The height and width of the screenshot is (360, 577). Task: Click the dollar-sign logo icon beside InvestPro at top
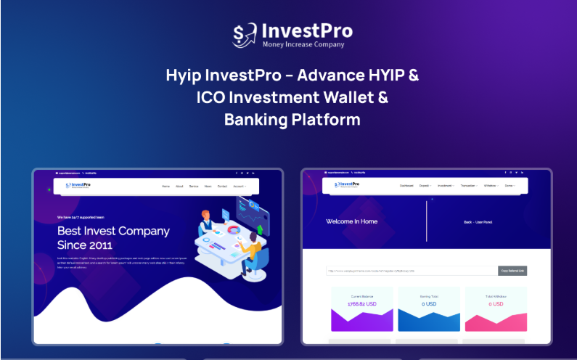point(245,34)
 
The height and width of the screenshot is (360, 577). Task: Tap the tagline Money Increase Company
point(304,44)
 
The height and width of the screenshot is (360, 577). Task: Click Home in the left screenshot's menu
point(165,187)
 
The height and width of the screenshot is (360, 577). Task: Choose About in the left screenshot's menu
point(179,187)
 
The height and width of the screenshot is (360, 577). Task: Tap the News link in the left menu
point(208,187)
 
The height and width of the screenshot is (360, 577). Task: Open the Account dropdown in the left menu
point(239,187)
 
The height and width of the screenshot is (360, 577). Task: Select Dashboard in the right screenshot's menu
point(406,186)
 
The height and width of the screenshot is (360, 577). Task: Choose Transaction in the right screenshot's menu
point(468,186)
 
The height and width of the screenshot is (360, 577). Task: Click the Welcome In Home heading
point(351,221)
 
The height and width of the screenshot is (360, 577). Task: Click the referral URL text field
point(411,271)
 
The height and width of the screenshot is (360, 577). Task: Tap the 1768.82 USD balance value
point(362,304)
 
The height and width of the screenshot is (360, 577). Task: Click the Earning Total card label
point(429,295)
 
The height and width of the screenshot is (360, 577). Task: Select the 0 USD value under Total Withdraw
point(496,304)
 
